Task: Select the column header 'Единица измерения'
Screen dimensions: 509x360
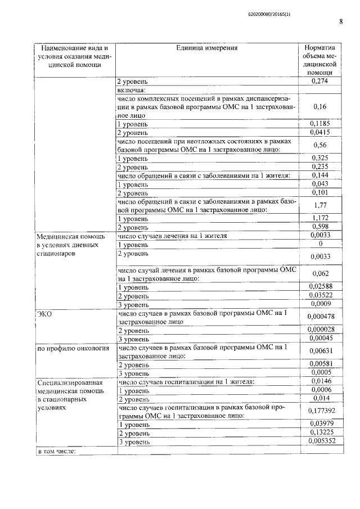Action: [x=206, y=48]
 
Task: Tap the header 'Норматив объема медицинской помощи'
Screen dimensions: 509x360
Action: [x=319, y=60]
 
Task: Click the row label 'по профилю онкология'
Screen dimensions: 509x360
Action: [x=73, y=349]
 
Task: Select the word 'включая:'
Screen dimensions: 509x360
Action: [x=132, y=90]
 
